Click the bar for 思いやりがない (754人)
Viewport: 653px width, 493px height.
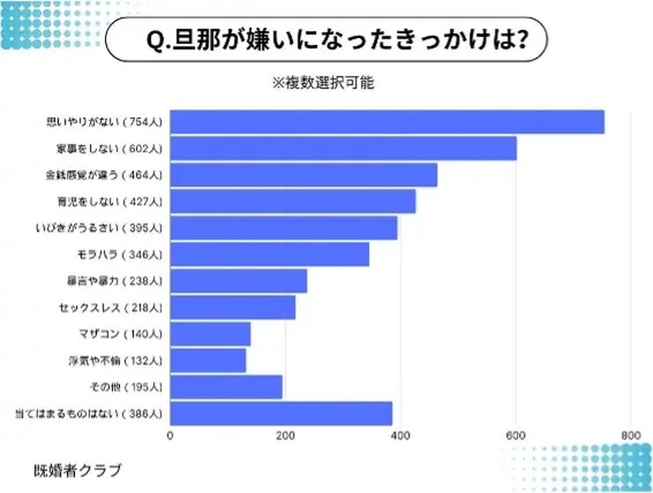387,122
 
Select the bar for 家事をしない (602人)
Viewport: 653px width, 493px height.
342,148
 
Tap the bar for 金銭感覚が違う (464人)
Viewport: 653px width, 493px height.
303,175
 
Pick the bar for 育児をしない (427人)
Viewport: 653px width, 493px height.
292,201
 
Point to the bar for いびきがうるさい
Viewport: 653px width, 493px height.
283,228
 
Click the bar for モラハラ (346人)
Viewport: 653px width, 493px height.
269,254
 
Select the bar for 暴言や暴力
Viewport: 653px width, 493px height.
238,280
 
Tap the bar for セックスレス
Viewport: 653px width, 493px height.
232,307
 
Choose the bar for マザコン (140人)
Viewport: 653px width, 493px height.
210,333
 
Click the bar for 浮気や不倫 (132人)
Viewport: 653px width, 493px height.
207,360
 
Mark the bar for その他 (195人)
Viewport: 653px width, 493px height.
226,386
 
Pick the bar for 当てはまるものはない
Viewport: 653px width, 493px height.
281,413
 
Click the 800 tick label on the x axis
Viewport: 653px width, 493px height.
630,435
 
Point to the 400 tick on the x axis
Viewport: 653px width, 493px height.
400,435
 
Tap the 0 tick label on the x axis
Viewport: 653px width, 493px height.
169,435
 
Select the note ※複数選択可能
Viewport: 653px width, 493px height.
324,83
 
